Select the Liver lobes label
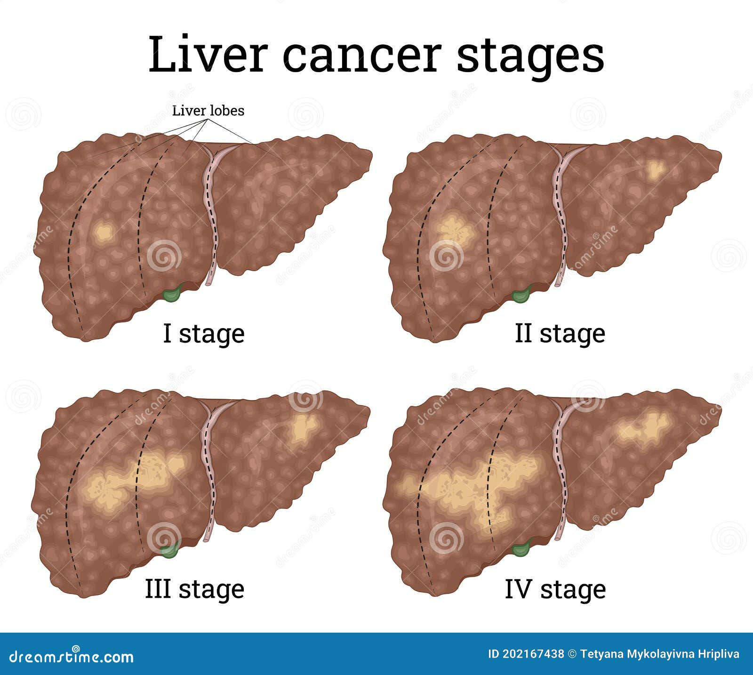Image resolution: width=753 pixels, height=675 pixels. (208, 111)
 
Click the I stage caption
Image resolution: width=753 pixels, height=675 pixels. (204, 334)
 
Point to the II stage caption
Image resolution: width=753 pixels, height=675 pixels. (560, 334)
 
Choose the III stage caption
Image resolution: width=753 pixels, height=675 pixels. (195, 589)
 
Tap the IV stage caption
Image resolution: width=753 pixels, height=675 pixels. (555, 589)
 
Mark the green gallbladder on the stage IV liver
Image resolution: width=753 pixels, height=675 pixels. (521, 548)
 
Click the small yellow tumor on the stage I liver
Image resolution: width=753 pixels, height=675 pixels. (104, 232)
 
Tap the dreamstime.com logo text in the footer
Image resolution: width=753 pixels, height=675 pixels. (72, 655)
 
